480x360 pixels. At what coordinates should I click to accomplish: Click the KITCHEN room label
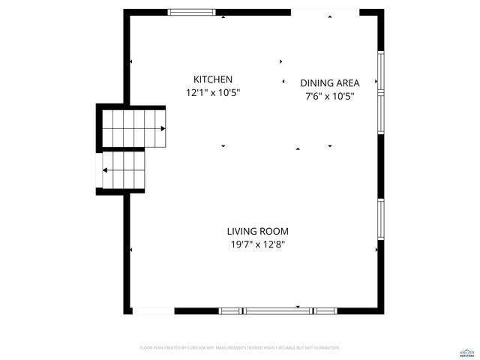click(x=213, y=79)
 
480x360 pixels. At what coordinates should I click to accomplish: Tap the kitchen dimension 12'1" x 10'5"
click(x=213, y=93)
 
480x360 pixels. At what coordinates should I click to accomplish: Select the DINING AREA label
click(x=330, y=83)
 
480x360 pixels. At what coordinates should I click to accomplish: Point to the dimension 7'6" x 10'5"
click(x=330, y=96)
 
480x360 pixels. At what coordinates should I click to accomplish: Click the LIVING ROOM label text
click(x=258, y=232)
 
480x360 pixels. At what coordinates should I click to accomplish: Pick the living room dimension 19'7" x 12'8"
click(x=258, y=244)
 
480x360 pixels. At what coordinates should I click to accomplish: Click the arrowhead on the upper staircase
click(x=163, y=128)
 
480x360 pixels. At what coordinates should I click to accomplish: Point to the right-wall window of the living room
click(x=381, y=219)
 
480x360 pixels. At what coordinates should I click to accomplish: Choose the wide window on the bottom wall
click(x=277, y=310)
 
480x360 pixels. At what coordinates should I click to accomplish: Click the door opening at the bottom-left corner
click(x=152, y=310)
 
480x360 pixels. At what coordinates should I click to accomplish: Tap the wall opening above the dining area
click(x=325, y=12)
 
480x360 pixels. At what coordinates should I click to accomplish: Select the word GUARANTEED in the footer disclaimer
click(x=325, y=348)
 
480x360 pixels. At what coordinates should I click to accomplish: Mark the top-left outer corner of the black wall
click(x=124, y=10)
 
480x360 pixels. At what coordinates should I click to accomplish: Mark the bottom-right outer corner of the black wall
click(x=384, y=313)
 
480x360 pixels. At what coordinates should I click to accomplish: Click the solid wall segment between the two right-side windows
click(x=381, y=166)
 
